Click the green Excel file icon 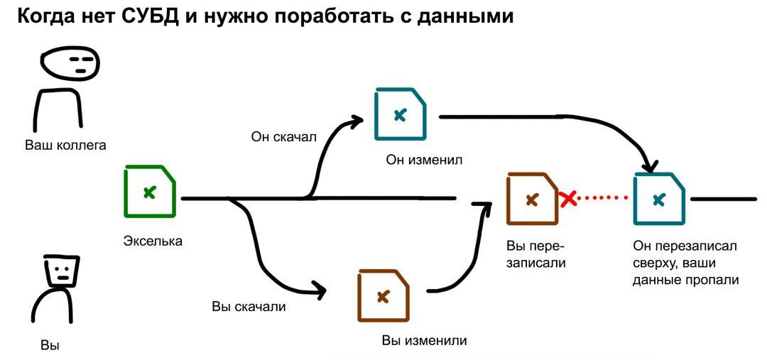click(x=150, y=192)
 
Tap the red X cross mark click(x=568, y=200)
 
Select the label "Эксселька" click(x=153, y=241)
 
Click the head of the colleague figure click(x=70, y=65)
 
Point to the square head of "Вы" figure click(x=61, y=271)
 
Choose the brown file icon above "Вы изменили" click(x=383, y=296)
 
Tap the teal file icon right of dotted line click(x=659, y=200)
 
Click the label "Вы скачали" click(x=249, y=307)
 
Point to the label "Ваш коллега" click(x=65, y=146)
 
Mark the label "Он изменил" click(x=424, y=160)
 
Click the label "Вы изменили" click(x=424, y=340)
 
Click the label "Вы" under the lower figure click(x=50, y=346)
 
